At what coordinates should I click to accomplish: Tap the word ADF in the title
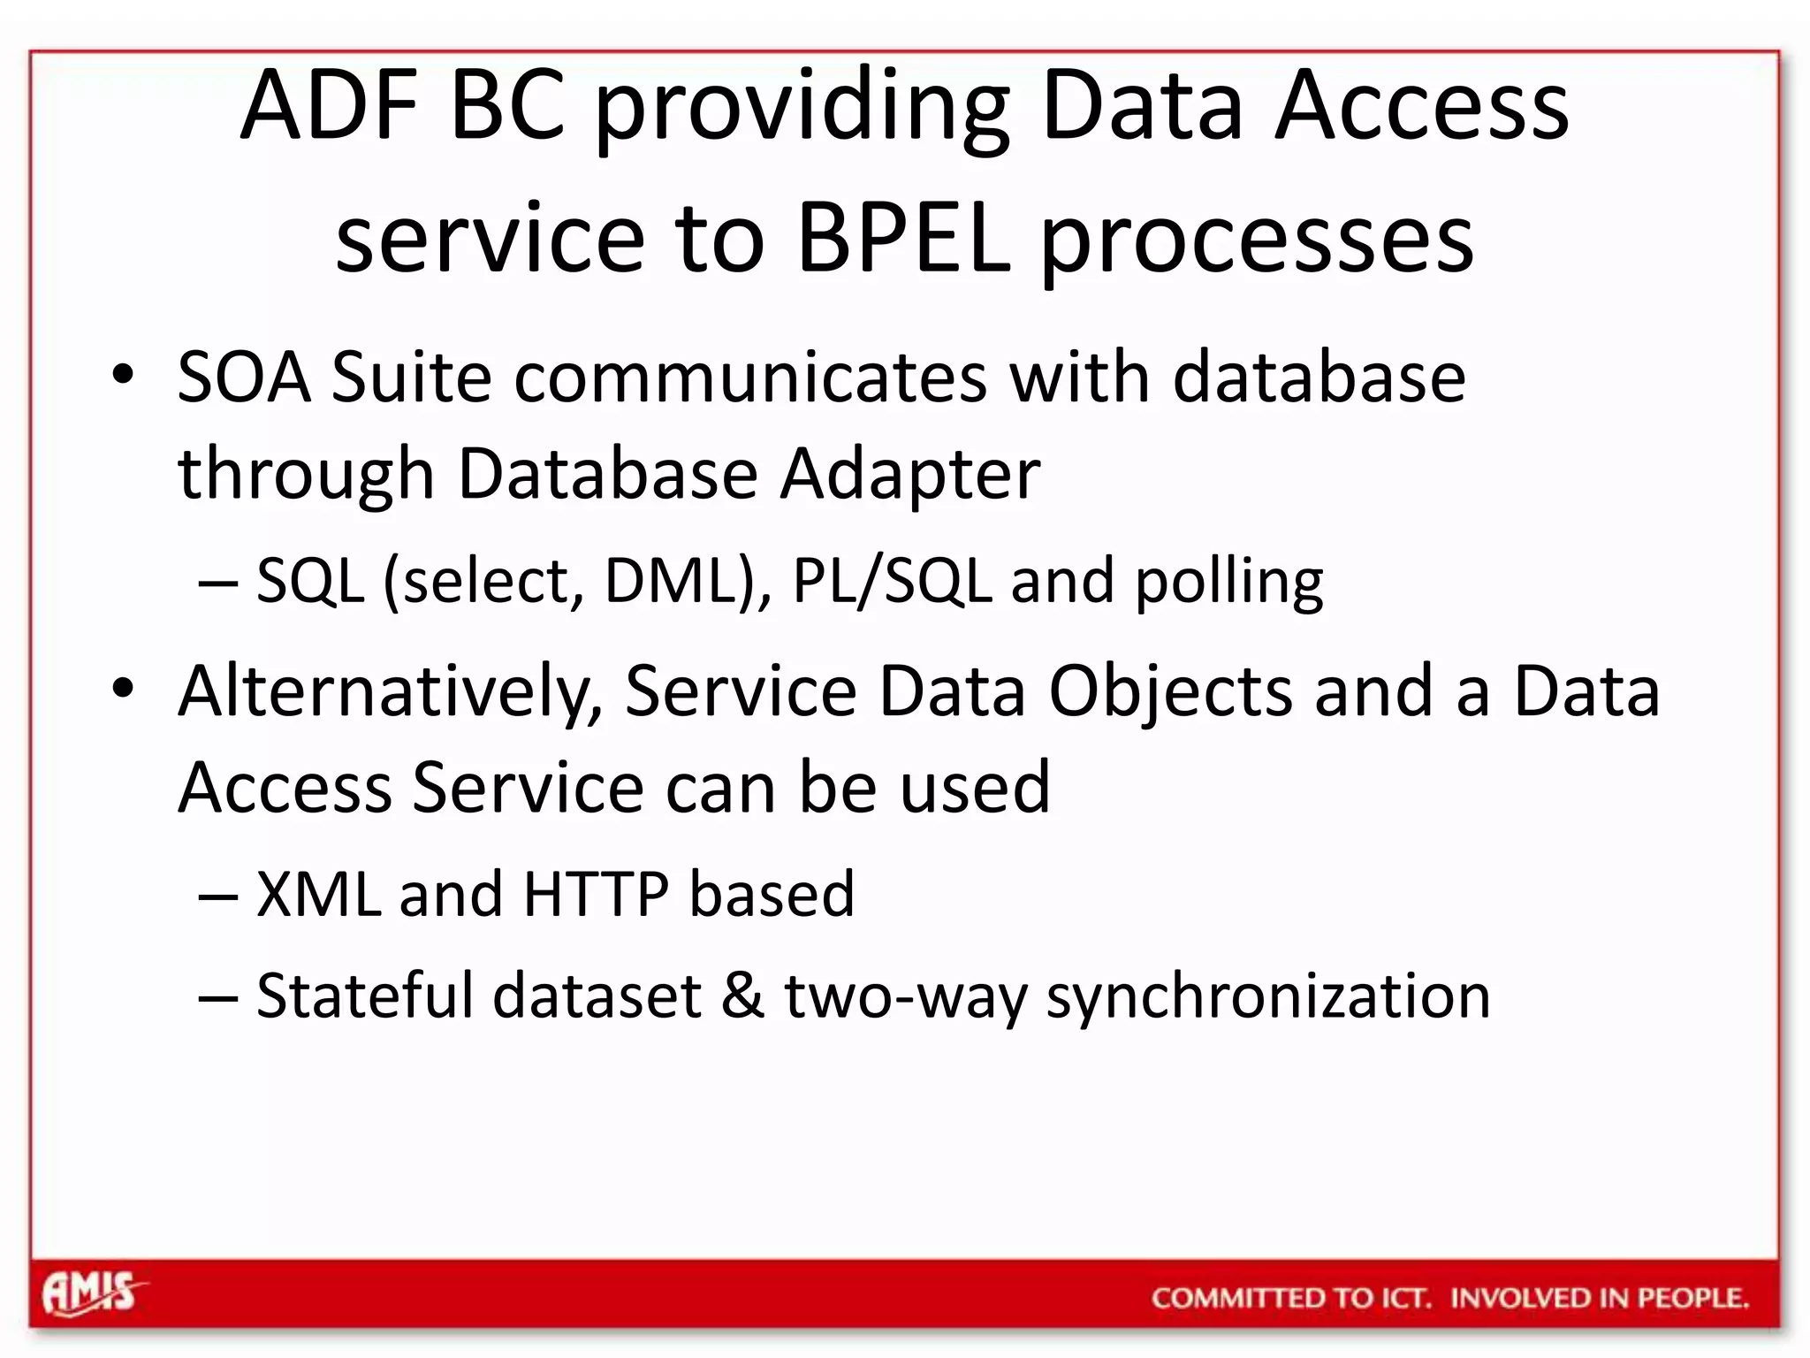point(329,106)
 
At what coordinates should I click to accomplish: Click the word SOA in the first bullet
point(244,378)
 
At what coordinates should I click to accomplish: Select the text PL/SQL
point(891,582)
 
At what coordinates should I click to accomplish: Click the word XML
point(317,895)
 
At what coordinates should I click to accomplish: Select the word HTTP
point(596,895)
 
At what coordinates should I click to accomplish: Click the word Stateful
point(364,996)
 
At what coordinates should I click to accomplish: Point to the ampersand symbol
point(742,996)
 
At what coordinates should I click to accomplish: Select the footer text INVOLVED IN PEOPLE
point(1600,1298)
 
